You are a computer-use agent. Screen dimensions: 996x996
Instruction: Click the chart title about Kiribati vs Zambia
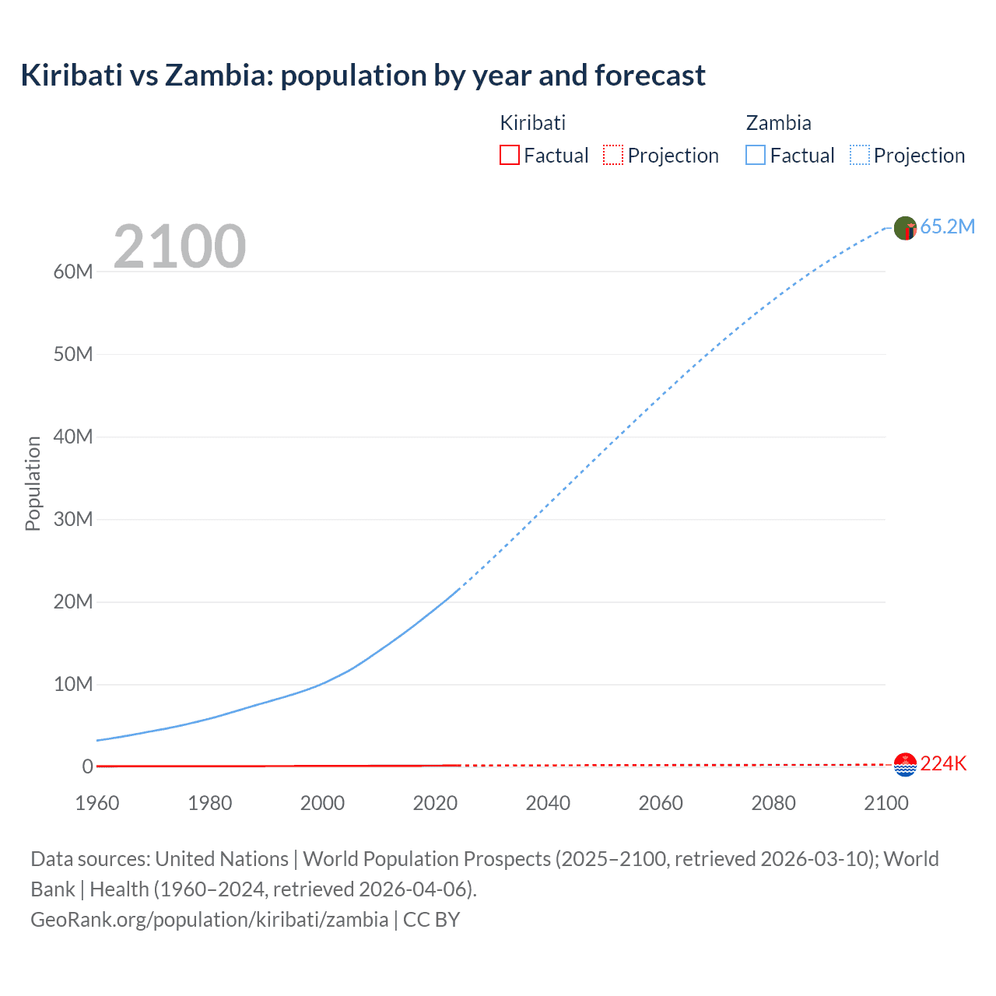point(363,75)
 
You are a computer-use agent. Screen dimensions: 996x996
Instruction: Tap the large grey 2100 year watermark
point(180,247)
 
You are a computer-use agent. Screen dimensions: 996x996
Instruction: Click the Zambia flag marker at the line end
point(905,228)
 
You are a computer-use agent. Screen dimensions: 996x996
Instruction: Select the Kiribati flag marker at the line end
point(905,765)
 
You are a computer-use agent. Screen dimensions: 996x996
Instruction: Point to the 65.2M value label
point(947,227)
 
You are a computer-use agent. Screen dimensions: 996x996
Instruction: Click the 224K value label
point(943,764)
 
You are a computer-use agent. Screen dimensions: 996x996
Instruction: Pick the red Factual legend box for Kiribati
point(509,156)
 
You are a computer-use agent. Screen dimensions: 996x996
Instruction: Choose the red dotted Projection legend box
point(613,156)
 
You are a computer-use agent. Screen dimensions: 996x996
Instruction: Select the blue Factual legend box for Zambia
point(756,156)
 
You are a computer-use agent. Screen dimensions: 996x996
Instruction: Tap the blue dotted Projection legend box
point(860,156)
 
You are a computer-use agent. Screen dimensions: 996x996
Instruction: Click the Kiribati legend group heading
point(532,123)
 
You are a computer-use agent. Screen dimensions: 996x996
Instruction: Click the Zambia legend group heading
point(778,123)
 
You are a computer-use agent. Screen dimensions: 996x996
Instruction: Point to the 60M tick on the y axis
point(73,272)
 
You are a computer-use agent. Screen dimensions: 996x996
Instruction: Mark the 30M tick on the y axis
point(73,519)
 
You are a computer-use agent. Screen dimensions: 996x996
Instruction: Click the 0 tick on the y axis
point(87,766)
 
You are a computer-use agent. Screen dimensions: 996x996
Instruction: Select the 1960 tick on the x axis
point(97,803)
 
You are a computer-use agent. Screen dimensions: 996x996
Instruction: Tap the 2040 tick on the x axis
point(548,803)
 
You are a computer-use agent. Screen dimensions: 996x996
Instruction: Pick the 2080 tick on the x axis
point(773,803)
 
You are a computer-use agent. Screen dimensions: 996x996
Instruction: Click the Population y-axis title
point(33,483)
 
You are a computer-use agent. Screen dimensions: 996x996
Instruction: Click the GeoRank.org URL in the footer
point(209,920)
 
